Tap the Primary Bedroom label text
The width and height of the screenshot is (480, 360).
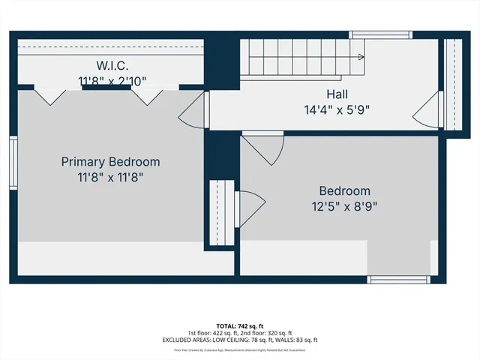point(110,162)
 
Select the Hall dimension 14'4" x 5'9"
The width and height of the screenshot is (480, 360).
point(337,109)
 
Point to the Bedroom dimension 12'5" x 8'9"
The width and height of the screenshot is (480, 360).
point(344,206)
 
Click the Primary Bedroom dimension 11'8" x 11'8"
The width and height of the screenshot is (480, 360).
point(110,178)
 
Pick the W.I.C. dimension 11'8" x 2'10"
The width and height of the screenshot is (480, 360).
point(112,79)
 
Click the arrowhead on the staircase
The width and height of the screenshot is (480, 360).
point(361,57)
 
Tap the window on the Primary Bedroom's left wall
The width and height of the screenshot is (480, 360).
point(13,163)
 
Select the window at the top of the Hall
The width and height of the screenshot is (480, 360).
point(381,34)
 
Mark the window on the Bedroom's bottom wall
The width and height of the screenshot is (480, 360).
point(398,280)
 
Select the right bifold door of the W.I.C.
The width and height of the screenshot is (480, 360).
point(147,96)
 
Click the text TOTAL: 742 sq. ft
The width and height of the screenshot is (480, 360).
point(240,325)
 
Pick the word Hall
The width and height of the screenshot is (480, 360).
point(337,94)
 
